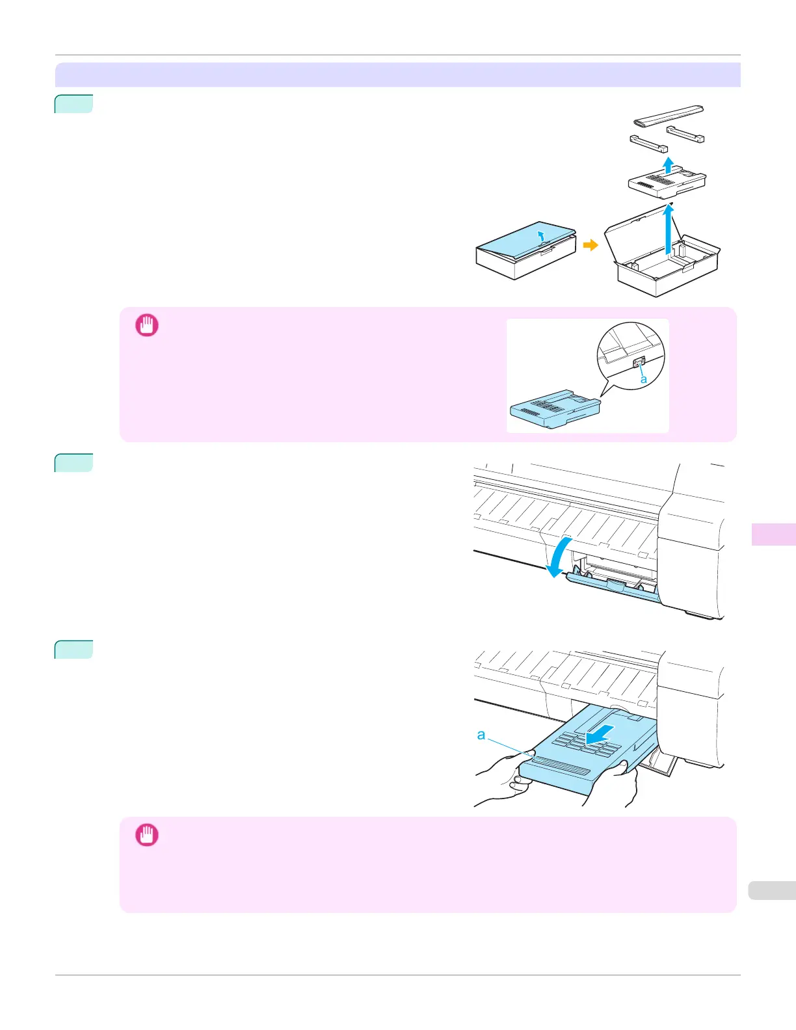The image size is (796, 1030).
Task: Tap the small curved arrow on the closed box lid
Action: coord(541,235)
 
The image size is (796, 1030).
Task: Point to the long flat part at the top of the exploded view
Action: coord(668,116)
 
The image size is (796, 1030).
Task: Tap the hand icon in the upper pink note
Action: coord(146,325)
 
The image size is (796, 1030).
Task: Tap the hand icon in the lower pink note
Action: coord(146,835)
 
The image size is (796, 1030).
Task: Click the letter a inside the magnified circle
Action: coord(644,378)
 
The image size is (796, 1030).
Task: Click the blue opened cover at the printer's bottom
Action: coord(611,588)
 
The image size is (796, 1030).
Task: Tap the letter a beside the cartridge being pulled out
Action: coord(481,735)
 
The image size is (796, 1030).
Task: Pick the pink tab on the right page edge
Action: coord(773,534)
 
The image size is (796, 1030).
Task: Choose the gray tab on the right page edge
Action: coord(772,890)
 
